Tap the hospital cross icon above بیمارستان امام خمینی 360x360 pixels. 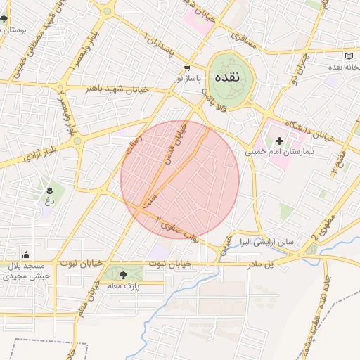point(279,141)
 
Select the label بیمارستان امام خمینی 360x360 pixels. point(279,151)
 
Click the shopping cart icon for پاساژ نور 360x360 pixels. point(186,68)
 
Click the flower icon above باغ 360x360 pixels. point(49,191)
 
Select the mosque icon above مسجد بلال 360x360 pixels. point(26,255)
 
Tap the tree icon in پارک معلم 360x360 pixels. point(124,275)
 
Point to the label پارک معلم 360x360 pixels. point(124,286)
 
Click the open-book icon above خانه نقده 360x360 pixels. point(349,56)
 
